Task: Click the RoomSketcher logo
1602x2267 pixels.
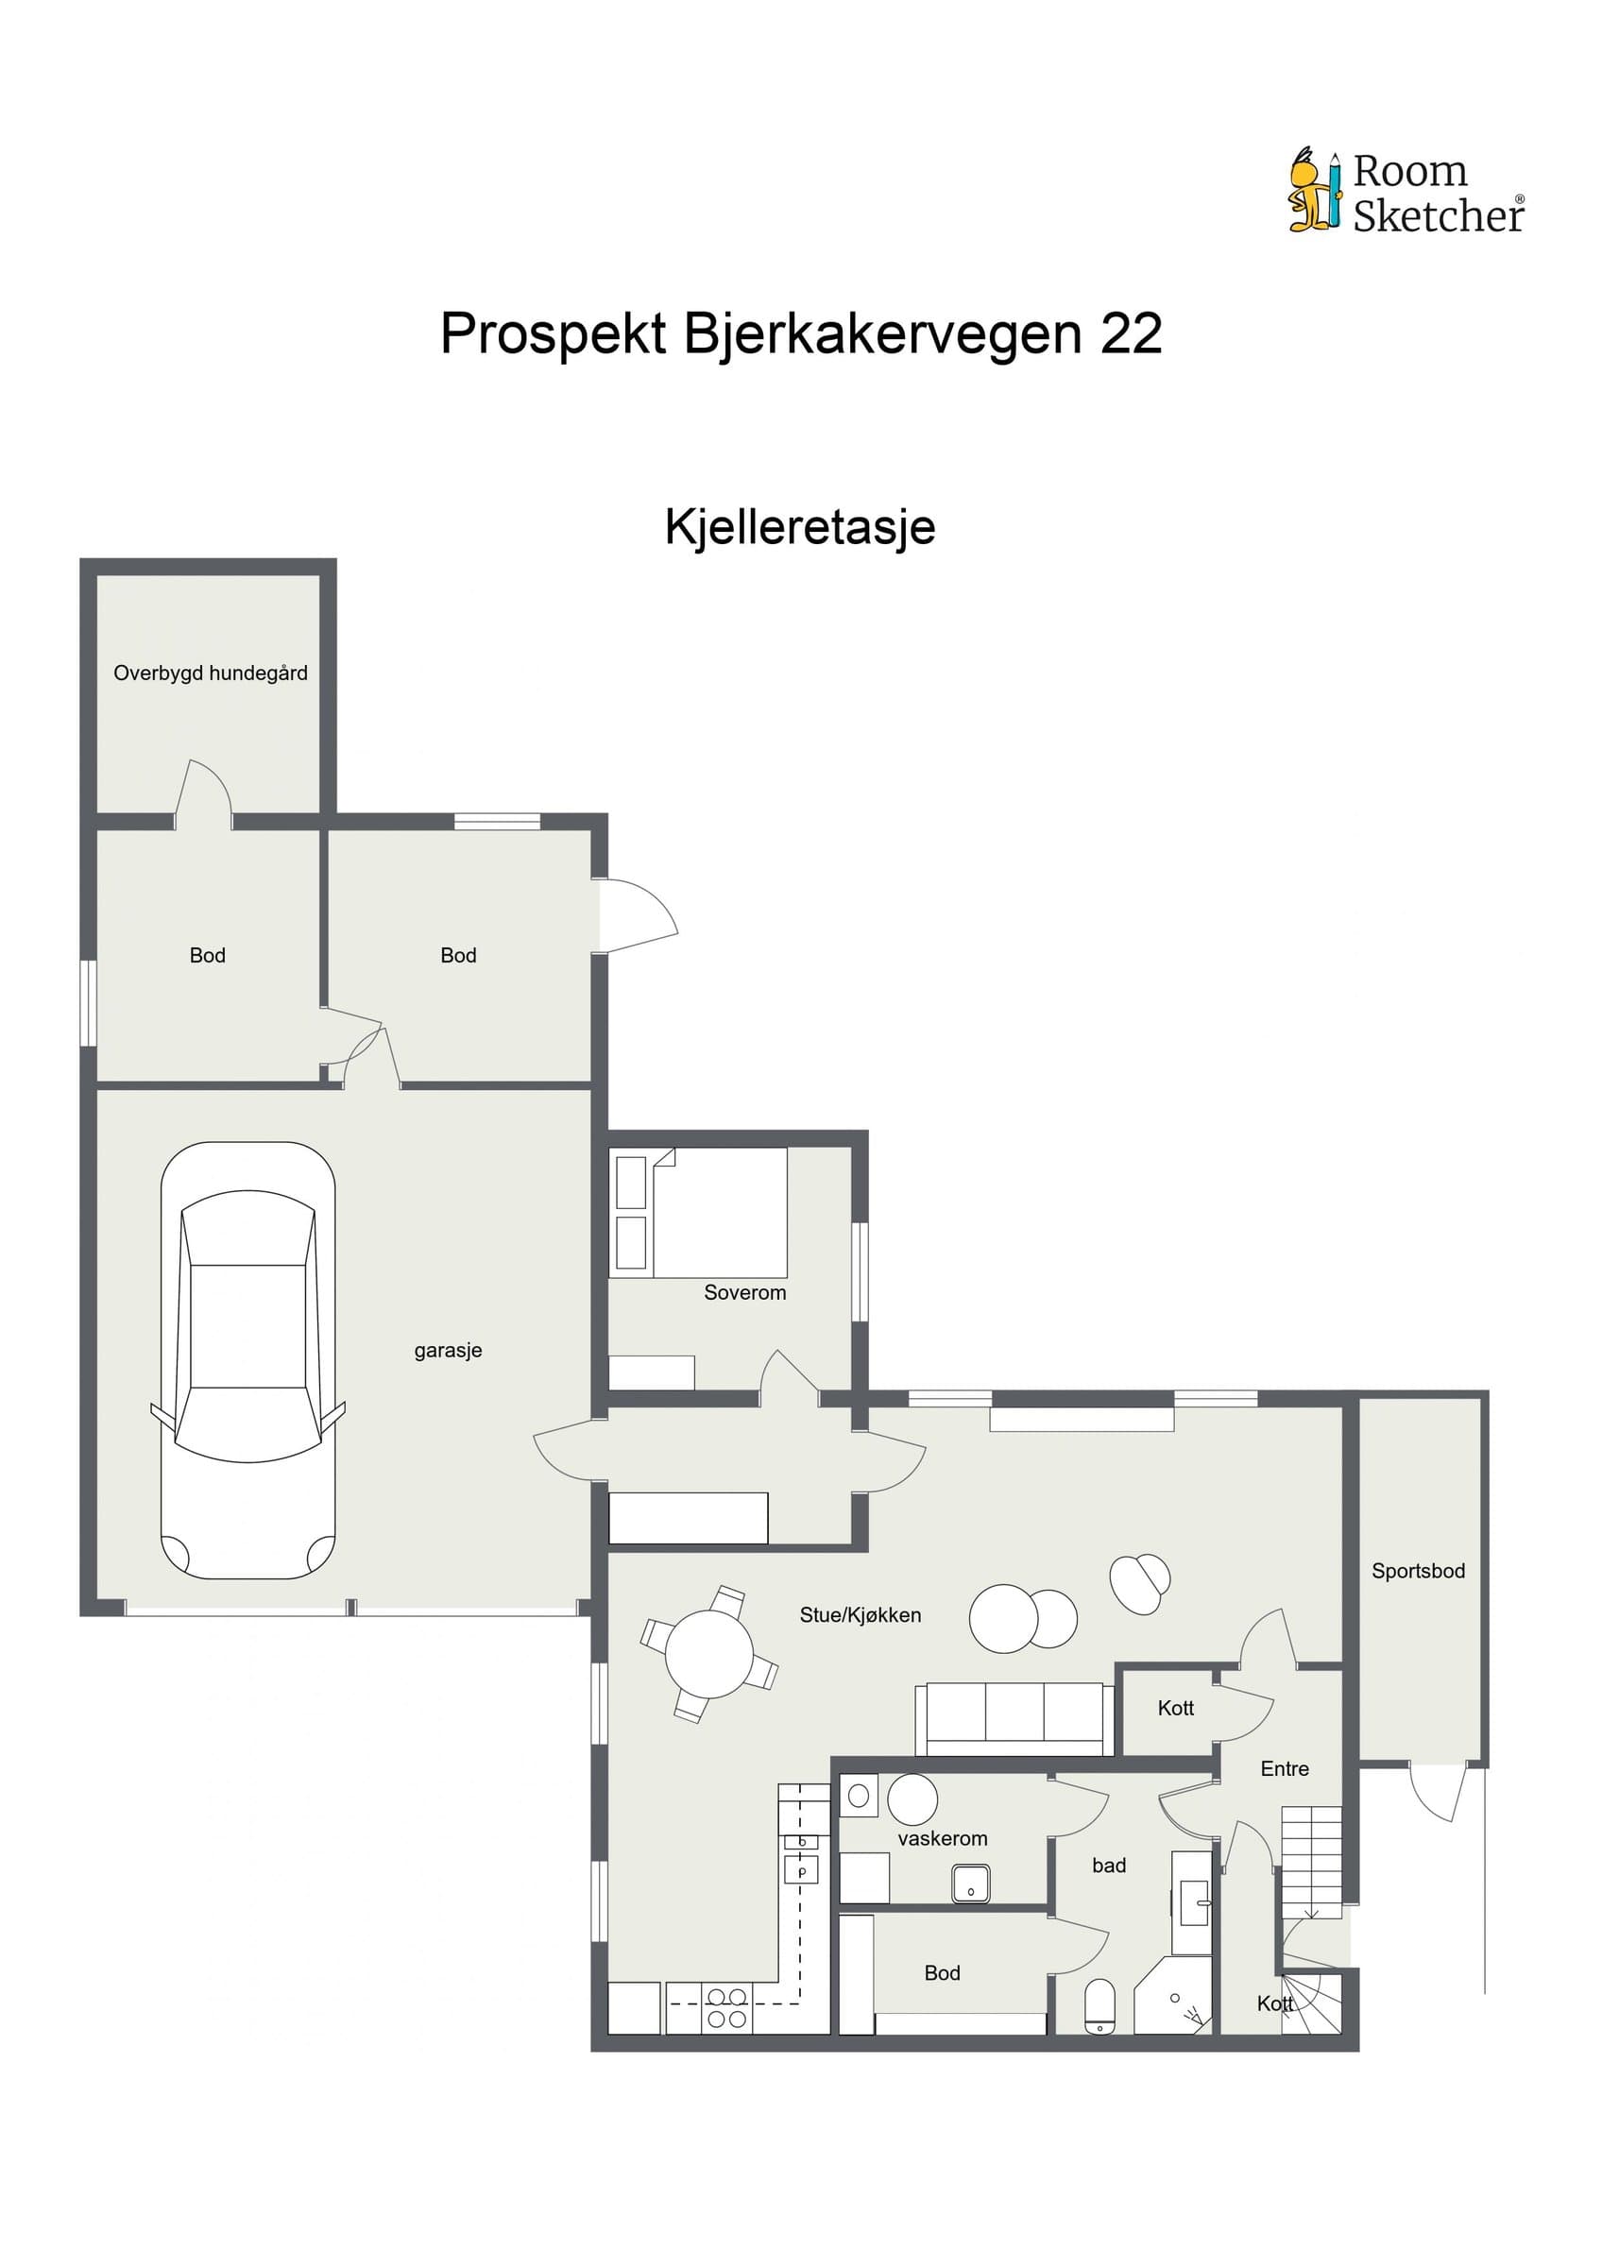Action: [1406, 192]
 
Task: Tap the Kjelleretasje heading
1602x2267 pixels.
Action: [799, 527]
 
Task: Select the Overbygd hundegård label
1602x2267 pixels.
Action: [211, 673]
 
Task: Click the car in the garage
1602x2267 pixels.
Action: [247, 1360]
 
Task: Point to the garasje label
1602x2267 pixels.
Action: [448, 1351]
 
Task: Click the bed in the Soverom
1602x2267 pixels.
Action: [699, 1213]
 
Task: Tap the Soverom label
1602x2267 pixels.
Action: [745, 1292]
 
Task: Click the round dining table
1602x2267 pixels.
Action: [708, 1653]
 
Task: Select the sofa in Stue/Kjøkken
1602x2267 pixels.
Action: [1014, 1719]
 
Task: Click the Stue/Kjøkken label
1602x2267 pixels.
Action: [861, 1615]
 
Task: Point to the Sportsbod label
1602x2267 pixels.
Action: [1419, 1571]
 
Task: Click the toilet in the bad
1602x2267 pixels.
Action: [1099, 2006]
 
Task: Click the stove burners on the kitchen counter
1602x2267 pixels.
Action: [726, 2009]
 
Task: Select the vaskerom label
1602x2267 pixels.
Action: [943, 1838]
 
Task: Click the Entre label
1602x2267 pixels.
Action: [1286, 1769]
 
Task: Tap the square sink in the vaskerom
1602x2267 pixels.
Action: [971, 1883]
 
